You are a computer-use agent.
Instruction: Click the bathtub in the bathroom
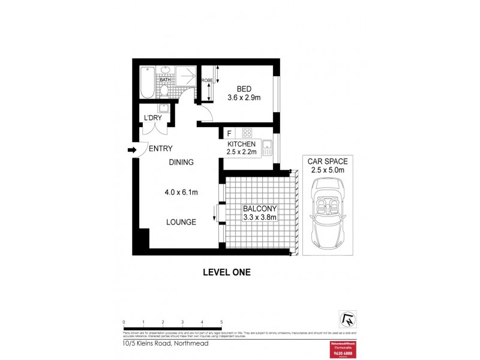(147, 82)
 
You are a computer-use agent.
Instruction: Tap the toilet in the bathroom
(164, 91)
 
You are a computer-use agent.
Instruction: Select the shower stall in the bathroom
(186, 79)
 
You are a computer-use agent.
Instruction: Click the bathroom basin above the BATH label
(164, 71)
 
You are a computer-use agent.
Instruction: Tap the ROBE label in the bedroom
(207, 80)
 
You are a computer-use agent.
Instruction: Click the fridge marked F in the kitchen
(229, 133)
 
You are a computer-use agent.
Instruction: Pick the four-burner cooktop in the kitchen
(247, 133)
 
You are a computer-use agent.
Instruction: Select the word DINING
(181, 162)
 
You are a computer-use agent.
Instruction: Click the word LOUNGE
(181, 222)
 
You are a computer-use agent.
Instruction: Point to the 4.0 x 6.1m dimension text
(181, 192)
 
